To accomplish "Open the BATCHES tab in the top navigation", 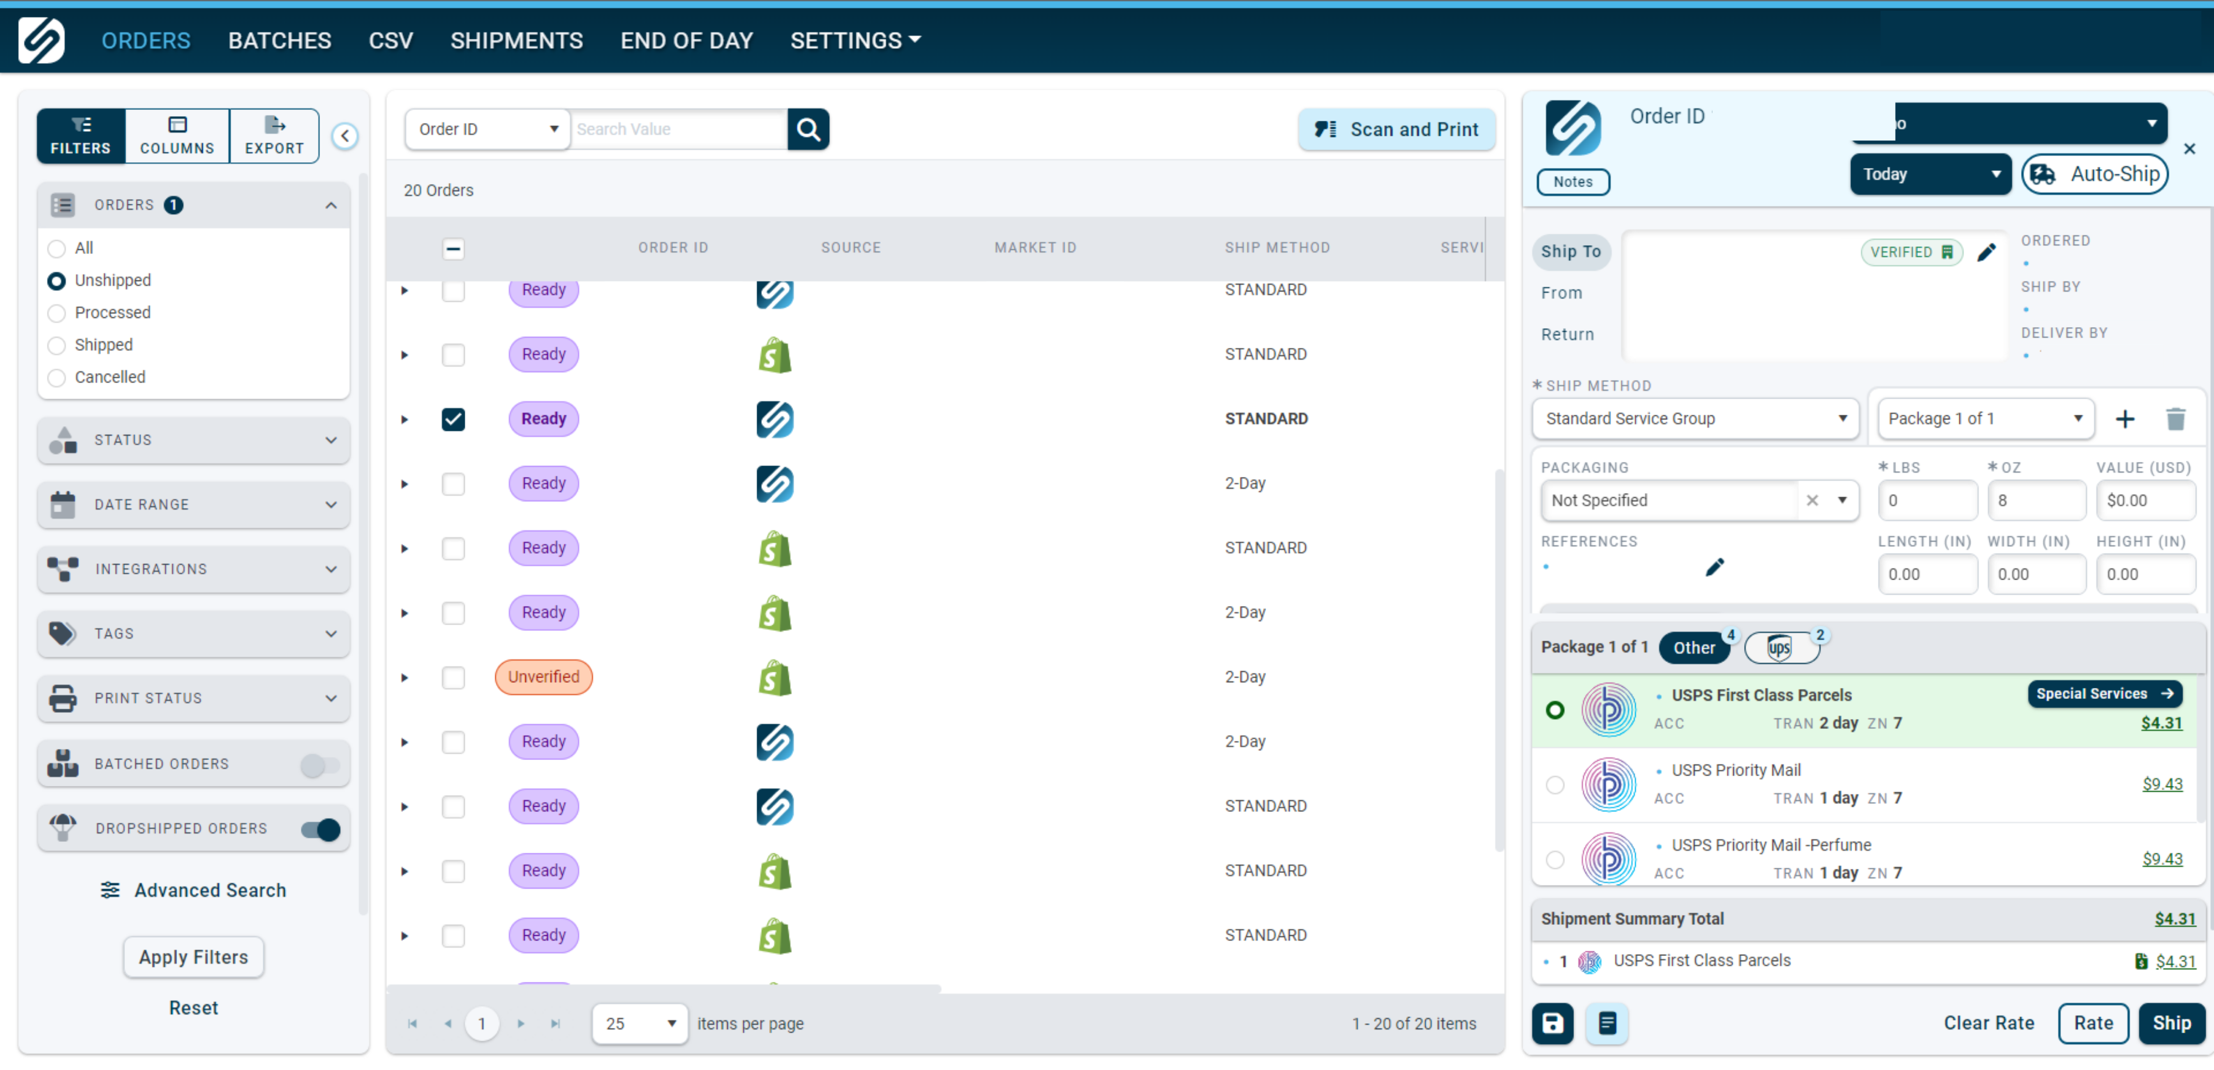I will [x=280, y=40].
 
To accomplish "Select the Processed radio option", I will [x=57, y=313].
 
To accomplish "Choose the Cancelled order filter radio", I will [x=57, y=377].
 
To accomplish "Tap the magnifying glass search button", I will [x=808, y=129].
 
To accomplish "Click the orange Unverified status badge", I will [x=543, y=677].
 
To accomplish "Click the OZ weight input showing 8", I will [x=2035, y=500].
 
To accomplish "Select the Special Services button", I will [x=2103, y=694].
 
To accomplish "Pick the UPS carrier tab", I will [x=1780, y=647].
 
